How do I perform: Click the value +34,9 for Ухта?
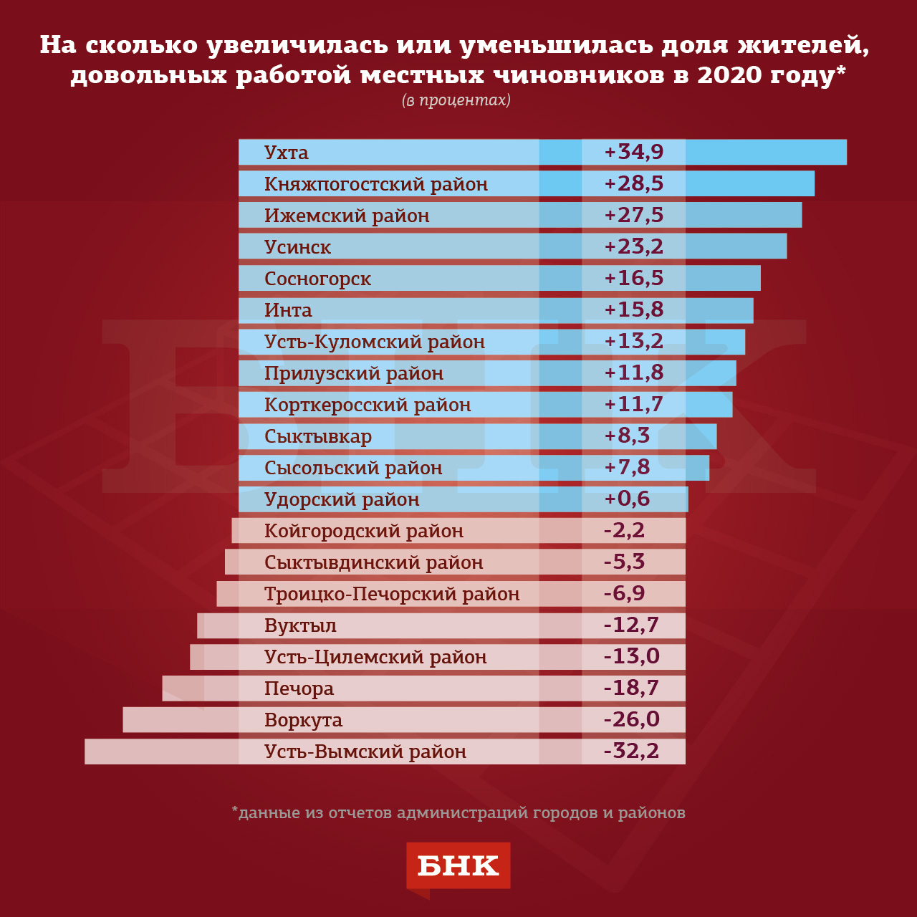tap(634, 152)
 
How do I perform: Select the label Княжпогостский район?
tap(376, 184)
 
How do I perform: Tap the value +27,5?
tap(634, 215)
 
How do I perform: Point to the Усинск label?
tap(298, 247)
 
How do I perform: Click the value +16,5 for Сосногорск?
tap(634, 278)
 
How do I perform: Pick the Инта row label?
tap(288, 310)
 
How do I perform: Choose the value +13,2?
tap(634, 341)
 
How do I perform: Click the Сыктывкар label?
tap(318, 436)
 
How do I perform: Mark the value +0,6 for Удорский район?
tap(627, 499)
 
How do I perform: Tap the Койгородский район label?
tap(364, 531)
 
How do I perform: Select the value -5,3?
tap(624, 562)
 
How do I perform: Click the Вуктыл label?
tap(300, 625)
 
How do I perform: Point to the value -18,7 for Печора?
tap(631, 688)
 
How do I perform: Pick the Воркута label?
tap(304, 720)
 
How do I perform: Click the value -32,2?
tap(631, 751)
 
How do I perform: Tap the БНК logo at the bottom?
tap(458, 866)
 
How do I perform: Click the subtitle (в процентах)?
tap(456, 100)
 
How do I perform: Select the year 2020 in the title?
tap(729, 75)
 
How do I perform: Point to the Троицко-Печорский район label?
tap(392, 594)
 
